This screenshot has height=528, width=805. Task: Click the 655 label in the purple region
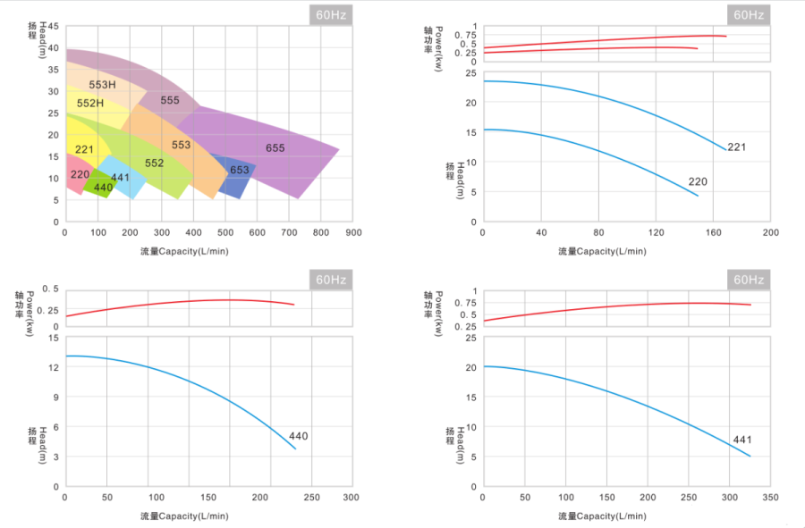click(x=275, y=147)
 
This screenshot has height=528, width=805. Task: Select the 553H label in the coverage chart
click(x=103, y=85)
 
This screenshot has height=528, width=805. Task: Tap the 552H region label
click(x=90, y=104)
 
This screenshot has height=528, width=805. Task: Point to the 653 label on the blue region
click(x=240, y=171)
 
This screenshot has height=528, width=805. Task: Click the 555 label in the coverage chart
click(x=170, y=100)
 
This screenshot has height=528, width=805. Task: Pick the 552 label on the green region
click(x=154, y=163)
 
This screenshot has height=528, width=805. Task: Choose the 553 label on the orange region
click(x=181, y=145)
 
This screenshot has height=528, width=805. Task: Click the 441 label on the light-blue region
click(x=121, y=178)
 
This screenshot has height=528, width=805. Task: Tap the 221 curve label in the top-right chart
click(x=736, y=147)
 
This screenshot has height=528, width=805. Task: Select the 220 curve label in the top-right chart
click(x=698, y=182)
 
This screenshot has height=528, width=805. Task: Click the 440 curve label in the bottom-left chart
click(x=298, y=436)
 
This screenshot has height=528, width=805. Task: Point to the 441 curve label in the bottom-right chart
click(x=742, y=440)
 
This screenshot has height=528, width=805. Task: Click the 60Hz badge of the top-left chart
click(x=331, y=14)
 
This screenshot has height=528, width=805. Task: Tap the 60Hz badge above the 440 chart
click(x=331, y=280)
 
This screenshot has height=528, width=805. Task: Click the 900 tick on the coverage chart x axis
click(x=354, y=232)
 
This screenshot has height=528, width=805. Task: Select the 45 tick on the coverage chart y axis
click(x=54, y=27)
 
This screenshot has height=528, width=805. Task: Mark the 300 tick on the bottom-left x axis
click(x=351, y=498)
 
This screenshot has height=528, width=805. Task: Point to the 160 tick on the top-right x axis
click(x=713, y=232)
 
